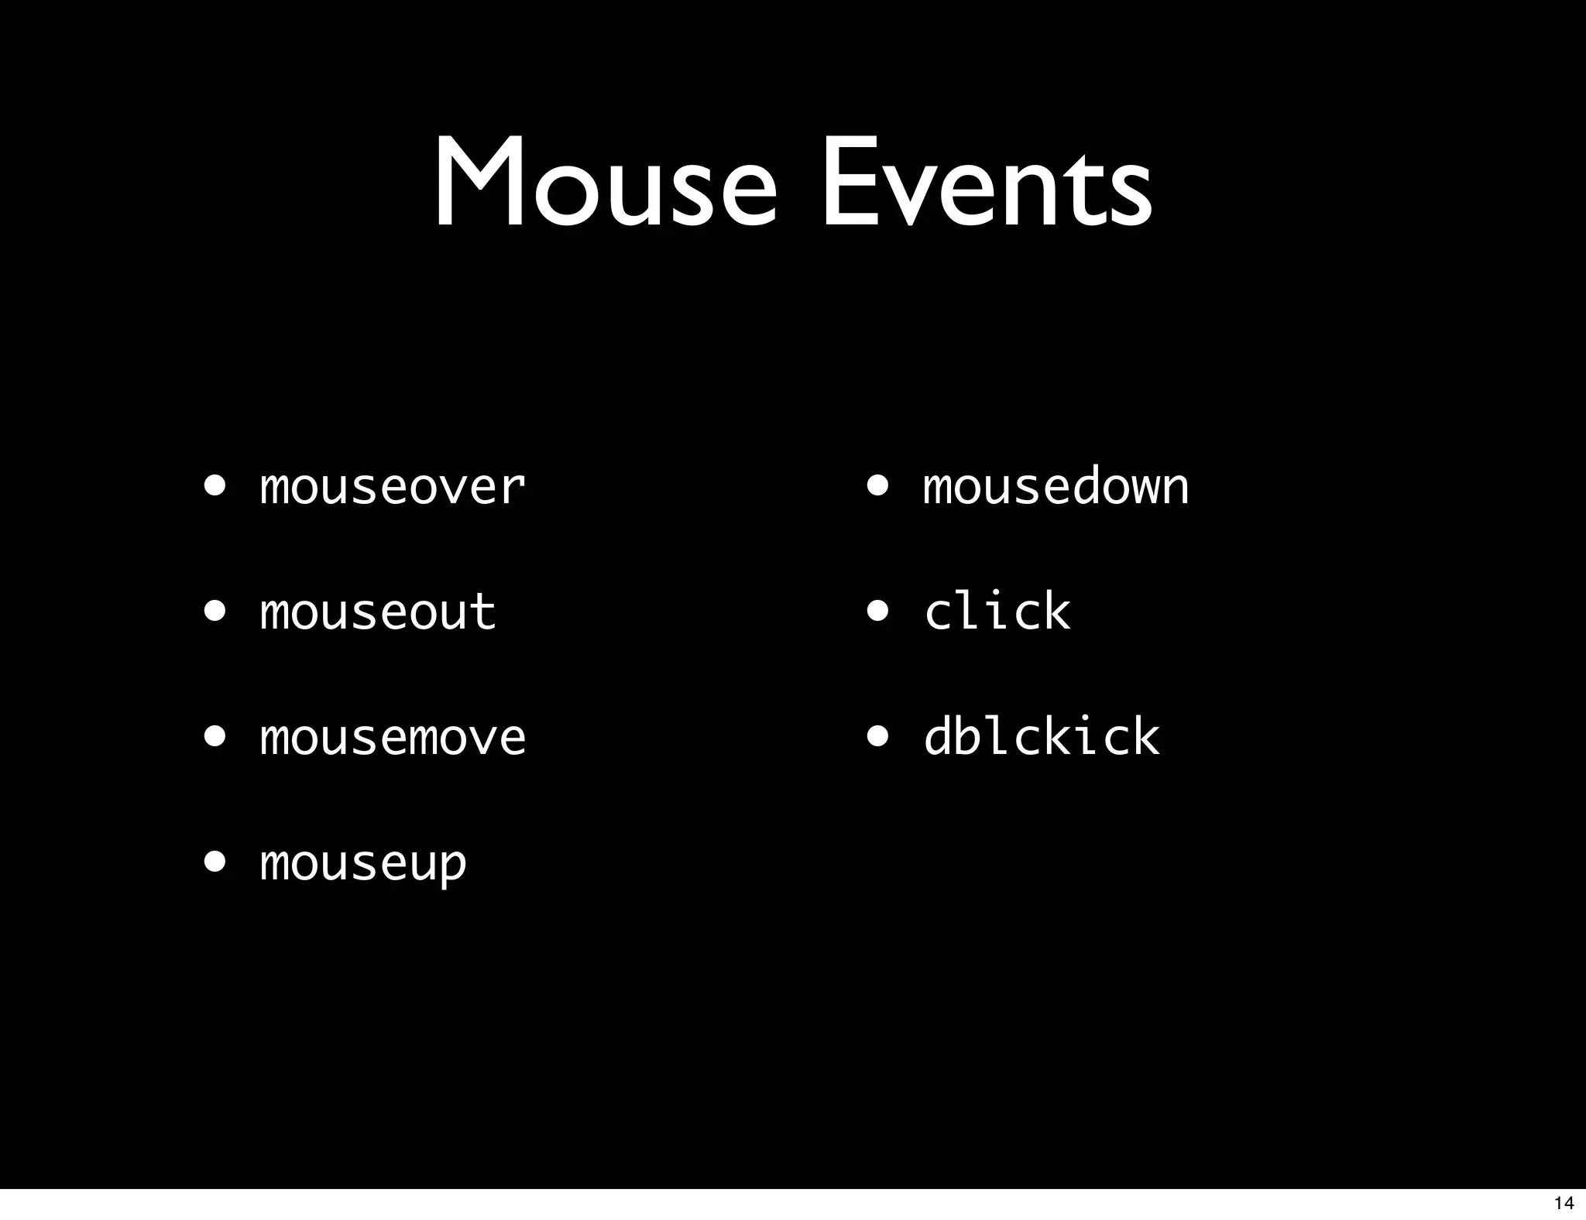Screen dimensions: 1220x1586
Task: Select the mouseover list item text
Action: pyautogui.click(x=393, y=488)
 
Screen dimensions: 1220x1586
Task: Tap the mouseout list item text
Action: pyautogui.click(x=378, y=612)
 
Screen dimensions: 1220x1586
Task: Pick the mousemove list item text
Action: pyautogui.click(x=393, y=737)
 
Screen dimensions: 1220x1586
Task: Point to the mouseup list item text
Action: pyautogui.click(x=363, y=863)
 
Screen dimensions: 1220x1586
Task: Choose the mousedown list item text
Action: pyautogui.click(x=1056, y=488)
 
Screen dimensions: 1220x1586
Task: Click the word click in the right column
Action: pyautogui.click(x=997, y=612)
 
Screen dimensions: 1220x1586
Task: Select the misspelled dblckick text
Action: pyautogui.click(x=1042, y=737)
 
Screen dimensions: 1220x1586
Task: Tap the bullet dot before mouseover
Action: pyautogui.click(x=215, y=486)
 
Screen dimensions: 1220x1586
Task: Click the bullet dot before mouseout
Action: pyautogui.click(x=215, y=612)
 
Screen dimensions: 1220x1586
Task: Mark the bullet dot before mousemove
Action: pyautogui.click(x=215, y=737)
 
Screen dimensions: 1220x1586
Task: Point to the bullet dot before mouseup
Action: pyautogui.click(x=215, y=862)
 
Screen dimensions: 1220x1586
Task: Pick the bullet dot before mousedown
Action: pyautogui.click(x=878, y=486)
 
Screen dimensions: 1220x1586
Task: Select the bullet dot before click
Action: pyautogui.click(x=878, y=612)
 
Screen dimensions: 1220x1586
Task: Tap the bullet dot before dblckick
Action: pyautogui.click(x=878, y=737)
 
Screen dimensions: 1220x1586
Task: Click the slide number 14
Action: pyautogui.click(x=1564, y=1203)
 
